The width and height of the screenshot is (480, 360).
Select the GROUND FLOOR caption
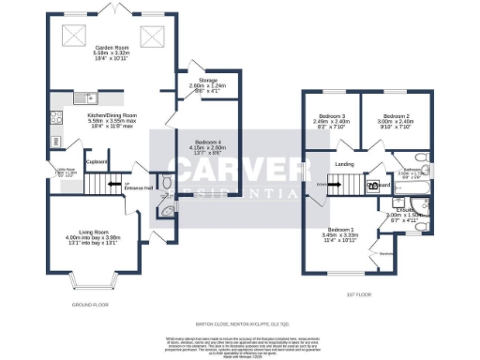point(91,305)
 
